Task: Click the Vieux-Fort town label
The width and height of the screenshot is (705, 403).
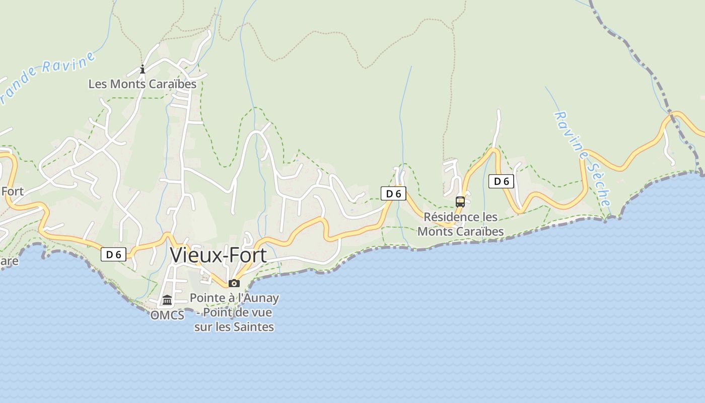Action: click(x=219, y=255)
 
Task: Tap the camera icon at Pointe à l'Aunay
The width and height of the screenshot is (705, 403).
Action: click(x=234, y=283)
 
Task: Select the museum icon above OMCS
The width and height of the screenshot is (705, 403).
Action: click(x=167, y=300)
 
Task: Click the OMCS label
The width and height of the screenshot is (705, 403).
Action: click(x=167, y=316)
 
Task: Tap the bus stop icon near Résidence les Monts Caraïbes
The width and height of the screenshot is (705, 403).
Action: click(x=460, y=202)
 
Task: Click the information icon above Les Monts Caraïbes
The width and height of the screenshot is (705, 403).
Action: click(x=143, y=69)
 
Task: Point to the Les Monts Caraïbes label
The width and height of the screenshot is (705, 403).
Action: click(x=143, y=84)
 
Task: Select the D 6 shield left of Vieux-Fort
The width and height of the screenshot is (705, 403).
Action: click(x=113, y=254)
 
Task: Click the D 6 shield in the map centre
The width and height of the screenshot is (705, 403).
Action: click(x=393, y=193)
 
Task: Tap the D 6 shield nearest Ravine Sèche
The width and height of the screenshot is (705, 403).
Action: click(x=501, y=181)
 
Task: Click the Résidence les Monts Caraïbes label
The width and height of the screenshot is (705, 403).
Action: click(x=461, y=224)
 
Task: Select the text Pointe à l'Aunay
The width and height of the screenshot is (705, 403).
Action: click(x=234, y=298)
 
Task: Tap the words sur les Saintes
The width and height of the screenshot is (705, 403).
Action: click(x=234, y=327)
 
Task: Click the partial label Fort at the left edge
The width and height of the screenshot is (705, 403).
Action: click(x=12, y=191)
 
